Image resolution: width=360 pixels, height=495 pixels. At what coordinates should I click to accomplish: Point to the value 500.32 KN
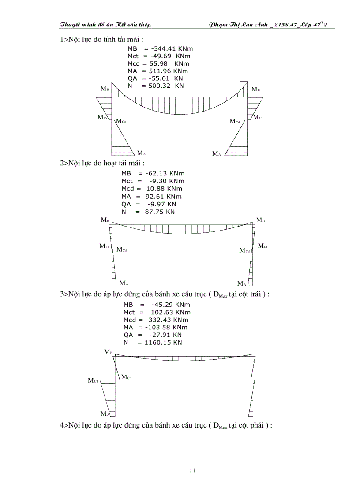tap(163, 86)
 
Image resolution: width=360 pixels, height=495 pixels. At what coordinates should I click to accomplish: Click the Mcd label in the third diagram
tap(93, 380)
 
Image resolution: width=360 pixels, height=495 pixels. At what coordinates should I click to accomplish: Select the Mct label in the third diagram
tap(126, 377)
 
